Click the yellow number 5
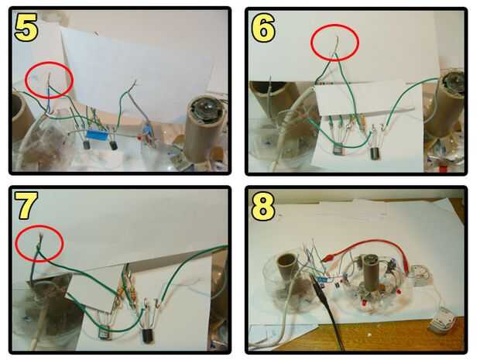[26, 28]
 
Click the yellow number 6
[263, 28]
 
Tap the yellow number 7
[26, 206]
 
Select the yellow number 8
[262, 207]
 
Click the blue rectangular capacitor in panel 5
[97, 135]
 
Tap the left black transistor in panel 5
[87, 144]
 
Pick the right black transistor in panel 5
[114, 145]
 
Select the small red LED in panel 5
[139, 138]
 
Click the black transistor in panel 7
[148, 335]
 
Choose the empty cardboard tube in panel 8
[287, 266]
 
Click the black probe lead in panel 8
[327, 309]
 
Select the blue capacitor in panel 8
[321, 279]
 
